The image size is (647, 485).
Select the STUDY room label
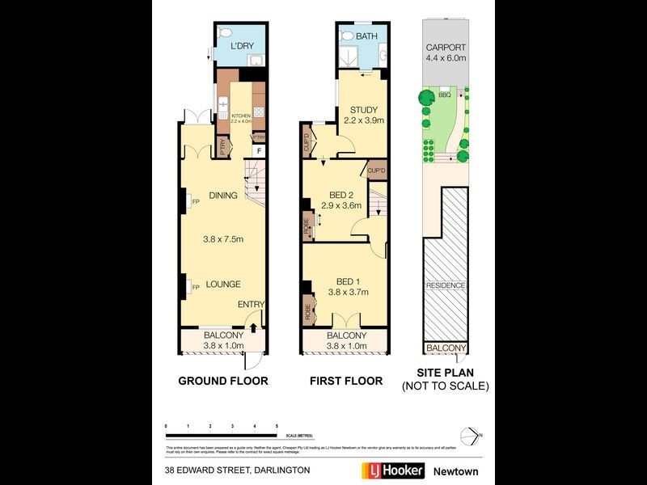point(363,110)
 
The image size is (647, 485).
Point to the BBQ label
point(444,95)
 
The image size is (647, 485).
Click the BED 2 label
point(342,194)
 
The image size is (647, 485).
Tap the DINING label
point(222,195)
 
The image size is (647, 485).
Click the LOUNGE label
point(222,285)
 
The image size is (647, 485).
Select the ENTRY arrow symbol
point(254,327)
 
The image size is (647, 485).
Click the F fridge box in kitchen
point(259,151)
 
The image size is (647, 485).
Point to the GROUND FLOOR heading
point(222,381)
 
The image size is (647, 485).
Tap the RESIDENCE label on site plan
point(446,286)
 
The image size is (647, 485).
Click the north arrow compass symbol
point(475,436)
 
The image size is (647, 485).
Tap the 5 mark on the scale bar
point(277,426)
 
